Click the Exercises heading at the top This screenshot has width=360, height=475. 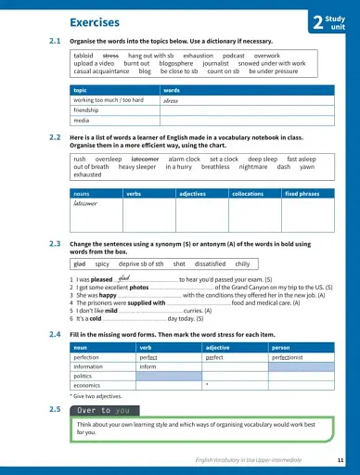pyautogui.click(x=95, y=21)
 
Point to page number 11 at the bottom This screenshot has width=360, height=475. pyautogui.click(x=341, y=461)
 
